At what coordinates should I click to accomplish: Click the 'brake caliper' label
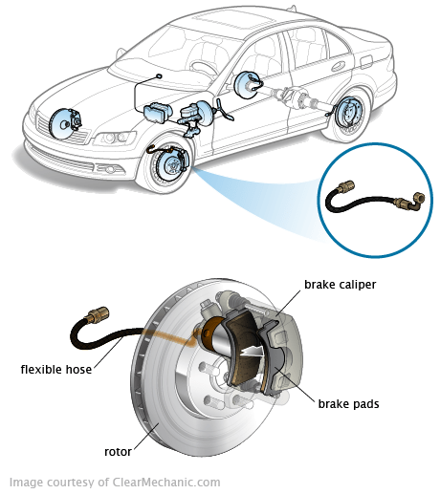click(x=340, y=285)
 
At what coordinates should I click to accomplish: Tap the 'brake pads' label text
click(x=348, y=404)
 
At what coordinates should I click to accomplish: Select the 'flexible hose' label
click(x=56, y=370)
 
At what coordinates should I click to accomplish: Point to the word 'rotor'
click(x=118, y=452)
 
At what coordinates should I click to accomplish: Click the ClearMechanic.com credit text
click(x=115, y=483)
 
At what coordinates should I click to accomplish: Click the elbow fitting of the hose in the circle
click(x=418, y=202)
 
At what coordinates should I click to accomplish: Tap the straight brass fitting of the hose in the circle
click(x=345, y=187)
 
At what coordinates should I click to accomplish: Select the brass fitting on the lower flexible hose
click(x=98, y=314)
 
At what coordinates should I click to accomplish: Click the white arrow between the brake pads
click(x=253, y=351)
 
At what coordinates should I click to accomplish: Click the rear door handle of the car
click(x=339, y=66)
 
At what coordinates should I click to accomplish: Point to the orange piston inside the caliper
click(x=211, y=332)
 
